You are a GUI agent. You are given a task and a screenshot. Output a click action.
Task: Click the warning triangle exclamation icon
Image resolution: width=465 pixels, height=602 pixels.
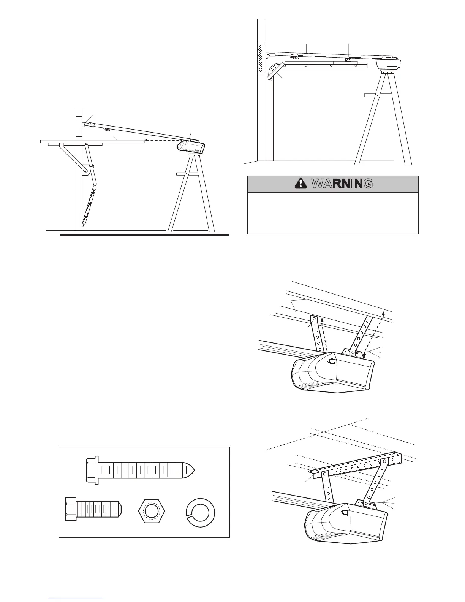pyautogui.click(x=301, y=184)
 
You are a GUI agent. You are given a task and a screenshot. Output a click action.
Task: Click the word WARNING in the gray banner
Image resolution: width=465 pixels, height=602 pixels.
pyautogui.click(x=341, y=184)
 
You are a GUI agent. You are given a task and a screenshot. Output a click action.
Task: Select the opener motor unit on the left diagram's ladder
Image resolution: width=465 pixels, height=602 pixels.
pyautogui.click(x=191, y=146)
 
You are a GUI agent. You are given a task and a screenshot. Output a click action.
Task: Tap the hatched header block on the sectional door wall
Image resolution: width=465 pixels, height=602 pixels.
pyautogui.click(x=260, y=58)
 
